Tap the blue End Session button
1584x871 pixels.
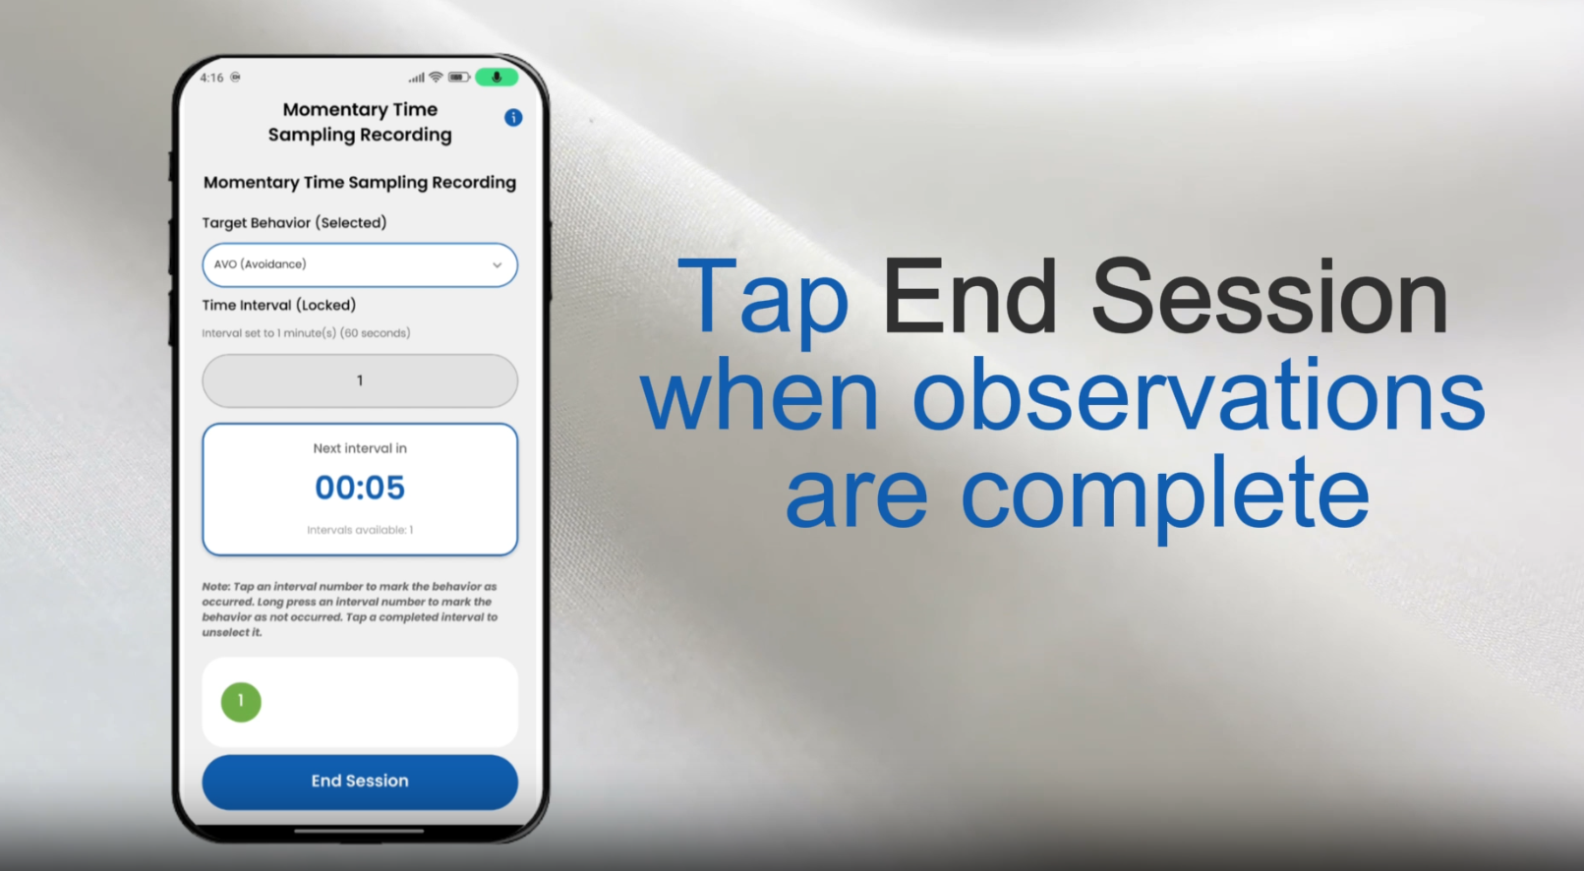[360, 782]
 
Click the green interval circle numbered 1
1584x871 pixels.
[241, 701]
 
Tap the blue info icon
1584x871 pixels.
[513, 117]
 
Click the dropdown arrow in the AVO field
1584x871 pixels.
[498, 265]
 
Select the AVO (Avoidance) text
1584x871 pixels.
[261, 264]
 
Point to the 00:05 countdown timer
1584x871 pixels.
[360, 487]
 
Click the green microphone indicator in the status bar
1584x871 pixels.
[497, 77]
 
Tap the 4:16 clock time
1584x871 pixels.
[211, 78]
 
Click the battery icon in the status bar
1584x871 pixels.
[459, 77]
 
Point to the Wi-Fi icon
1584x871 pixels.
[437, 77]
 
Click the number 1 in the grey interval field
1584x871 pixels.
[360, 381]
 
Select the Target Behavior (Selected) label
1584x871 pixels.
[294, 223]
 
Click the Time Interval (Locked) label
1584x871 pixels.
[279, 306]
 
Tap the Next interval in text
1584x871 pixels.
[360, 448]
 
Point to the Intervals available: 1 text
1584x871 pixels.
[360, 530]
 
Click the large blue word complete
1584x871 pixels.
[1165, 494]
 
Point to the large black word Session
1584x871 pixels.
[1269, 297]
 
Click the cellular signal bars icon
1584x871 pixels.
[417, 77]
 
